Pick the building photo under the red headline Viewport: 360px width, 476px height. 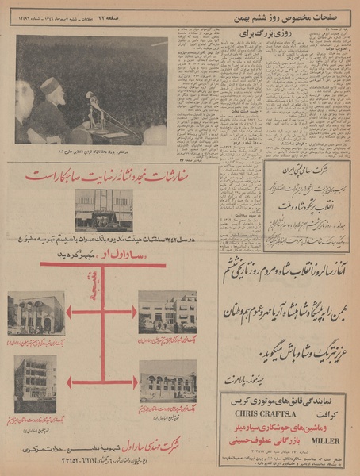[104, 209]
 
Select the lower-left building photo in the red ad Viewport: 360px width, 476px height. [35, 384]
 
